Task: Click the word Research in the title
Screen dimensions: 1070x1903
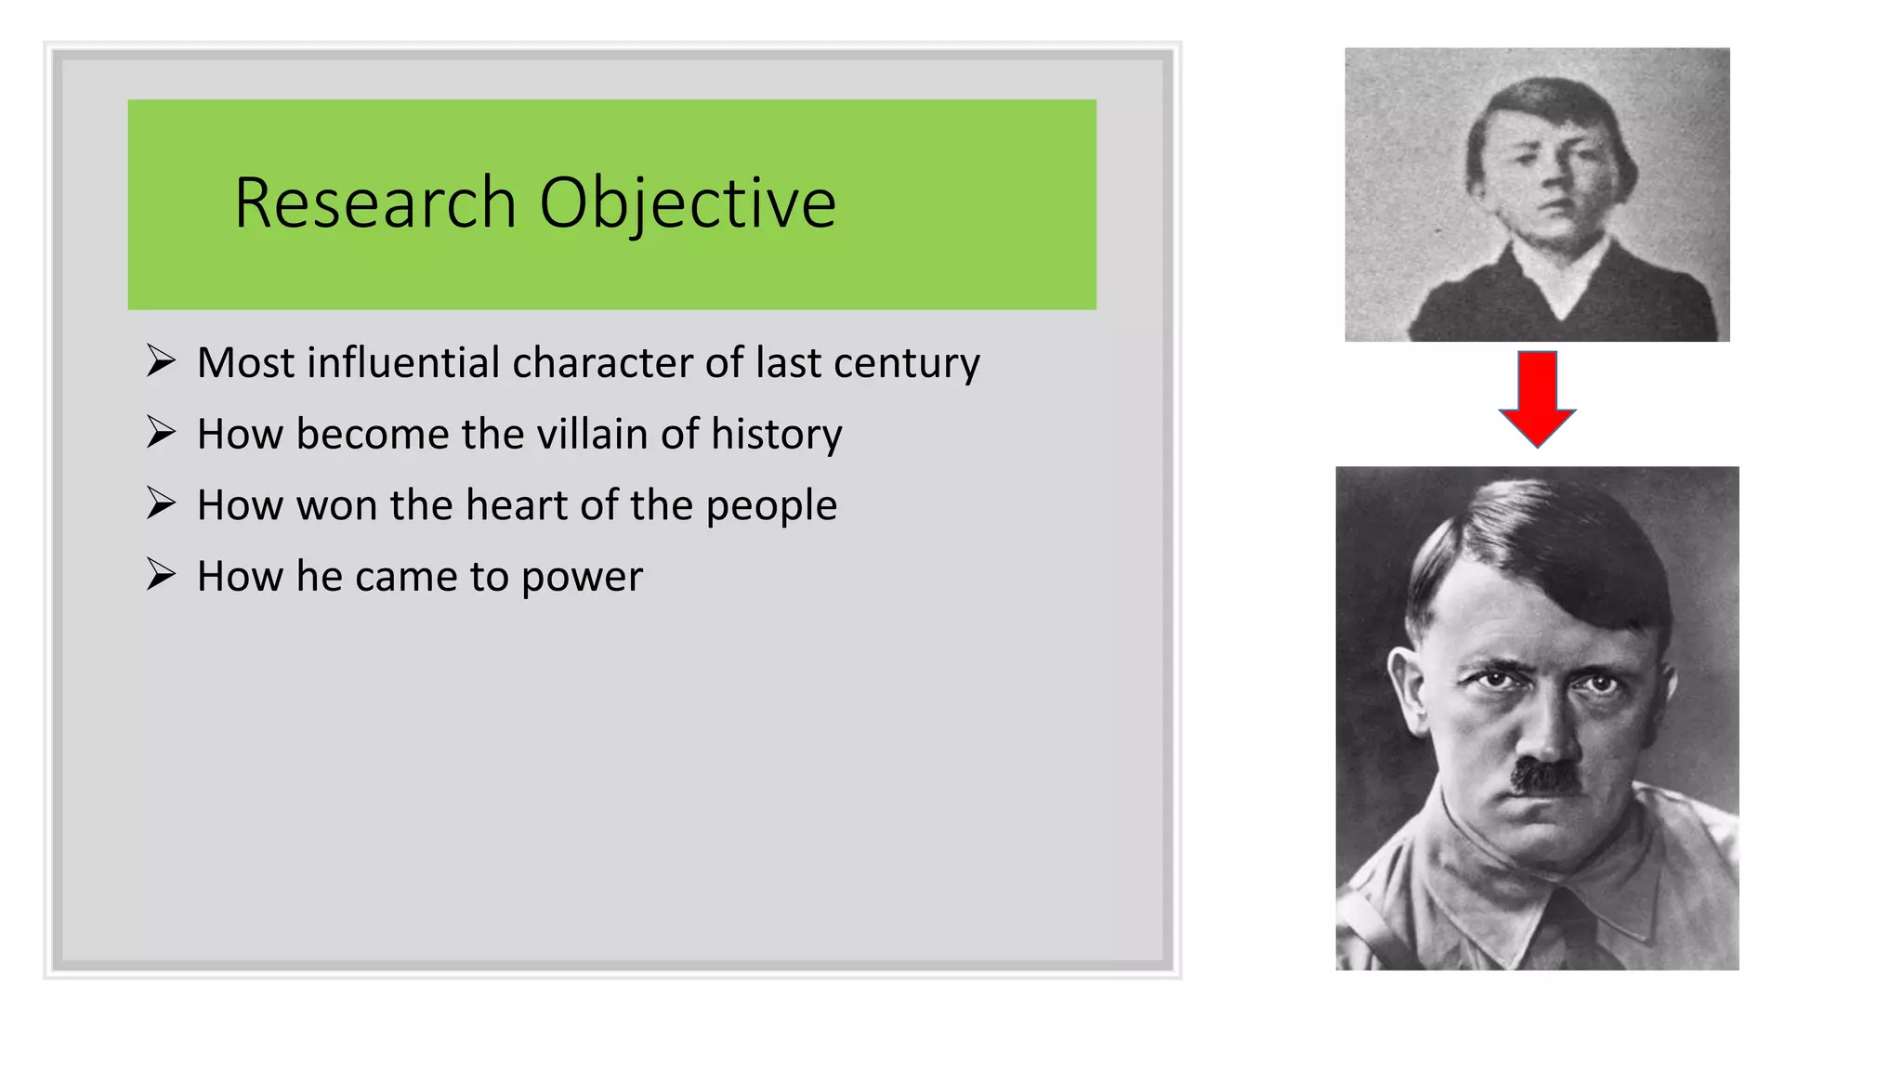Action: (x=374, y=203)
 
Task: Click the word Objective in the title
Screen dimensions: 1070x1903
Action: (x=688, y=203)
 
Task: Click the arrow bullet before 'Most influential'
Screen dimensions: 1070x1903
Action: (x=161, y=360)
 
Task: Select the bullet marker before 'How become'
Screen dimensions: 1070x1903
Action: (x=161, y=432)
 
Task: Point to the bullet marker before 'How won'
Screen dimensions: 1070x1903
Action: (x=161, y=503)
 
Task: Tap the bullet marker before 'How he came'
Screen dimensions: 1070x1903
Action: (x=161, y=575)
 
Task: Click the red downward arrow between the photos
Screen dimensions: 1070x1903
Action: (x=1537, y=398)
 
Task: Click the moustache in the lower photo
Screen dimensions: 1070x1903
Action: (x=1546, y=776)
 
